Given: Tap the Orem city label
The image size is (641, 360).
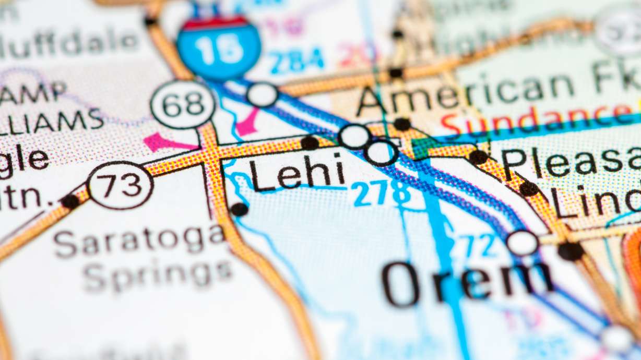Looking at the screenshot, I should (x=467, y=282).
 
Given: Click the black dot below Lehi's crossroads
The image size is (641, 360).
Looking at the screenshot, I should (x=239, y=209).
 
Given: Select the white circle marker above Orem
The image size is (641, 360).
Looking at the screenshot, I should (x=522, y=243).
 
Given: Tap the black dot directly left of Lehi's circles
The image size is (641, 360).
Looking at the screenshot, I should (x=310, y=142).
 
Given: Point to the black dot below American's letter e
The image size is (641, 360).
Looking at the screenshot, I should (x=401, y=124).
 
